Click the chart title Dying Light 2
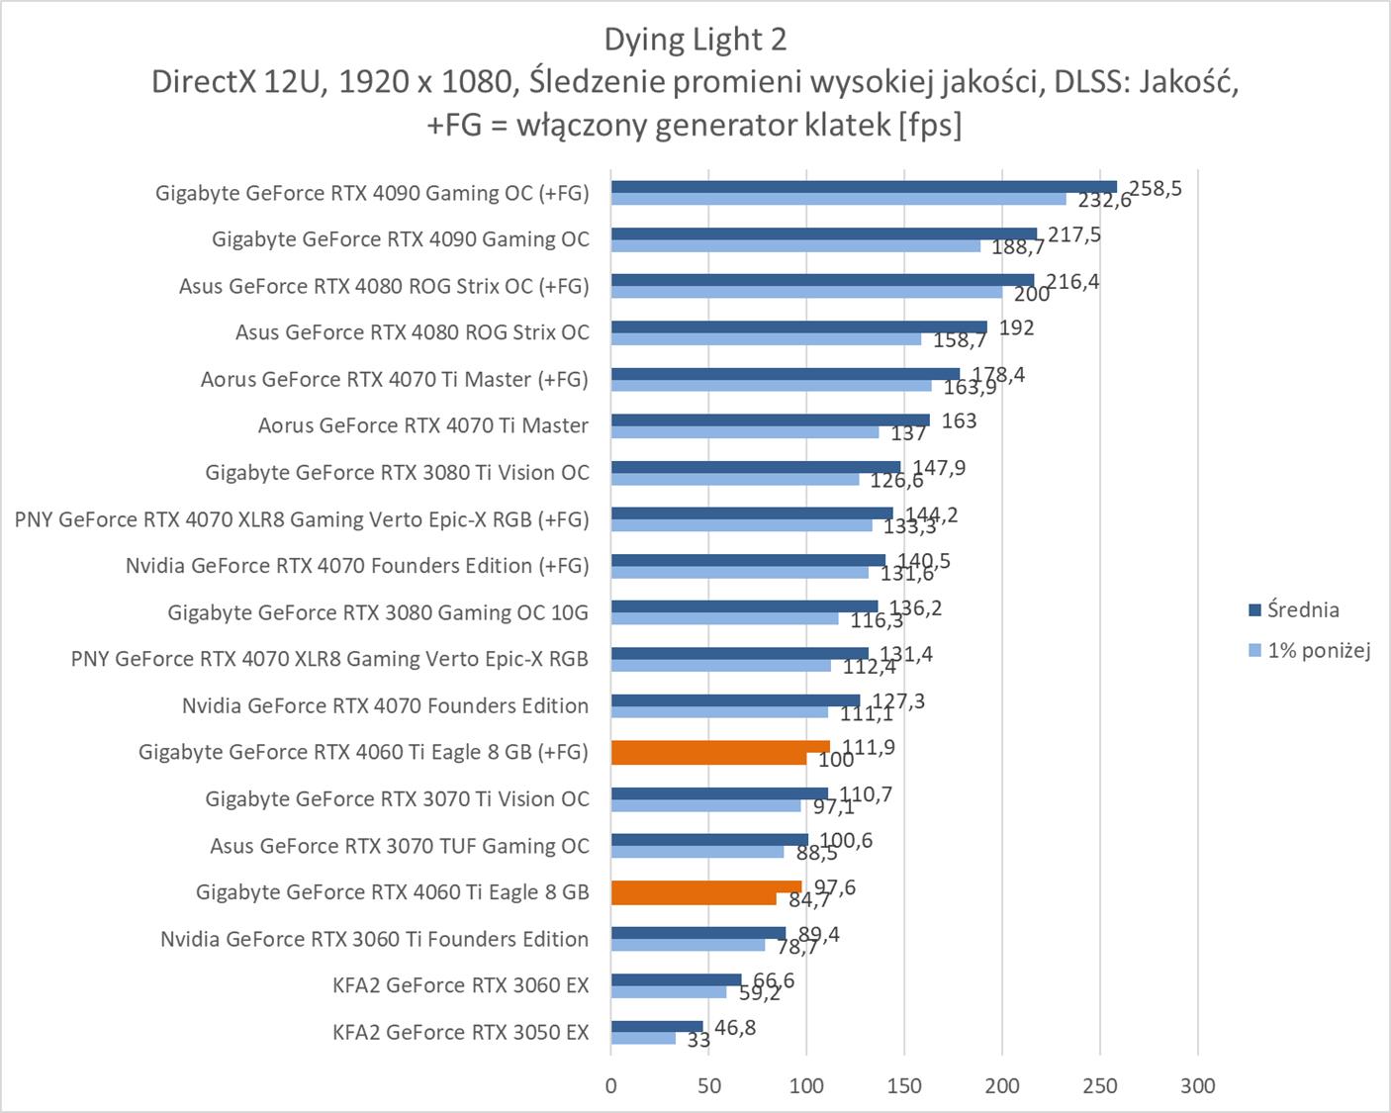click(x=695, y=40)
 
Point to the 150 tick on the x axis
click(x=904, y=1085)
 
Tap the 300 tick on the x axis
click(x=1197, y=1085)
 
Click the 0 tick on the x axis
click(x=611, y=1085)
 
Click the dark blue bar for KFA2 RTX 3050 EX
click(x=657, y=1026)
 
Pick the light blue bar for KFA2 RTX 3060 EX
click(x=669, y=991)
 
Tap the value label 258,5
click(x=1156, y=188)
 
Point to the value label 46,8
click(x=735, y=1028)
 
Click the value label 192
click(x=1016, y=327)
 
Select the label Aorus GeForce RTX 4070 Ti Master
click(x=422, y=425)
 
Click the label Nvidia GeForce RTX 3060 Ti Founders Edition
click(x=374, y=939)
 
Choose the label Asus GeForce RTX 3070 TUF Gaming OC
click(x=399, y=846)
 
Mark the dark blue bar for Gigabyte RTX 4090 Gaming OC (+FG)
click(x=863, y=187)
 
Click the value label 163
click(x=959, y=420)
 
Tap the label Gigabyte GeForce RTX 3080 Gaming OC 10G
click(x=377, y=612)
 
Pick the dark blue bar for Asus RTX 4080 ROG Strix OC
click(x=798, y=326)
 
